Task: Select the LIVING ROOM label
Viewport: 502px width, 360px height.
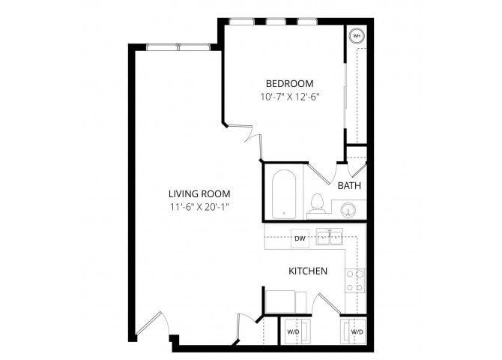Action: tap(199, 192)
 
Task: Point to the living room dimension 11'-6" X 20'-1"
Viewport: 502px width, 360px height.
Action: tap(199, 206)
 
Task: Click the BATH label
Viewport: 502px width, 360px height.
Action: tap(349, 185)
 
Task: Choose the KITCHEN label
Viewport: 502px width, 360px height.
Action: tap(308, 270)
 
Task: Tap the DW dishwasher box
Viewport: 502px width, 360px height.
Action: tap(300, 239)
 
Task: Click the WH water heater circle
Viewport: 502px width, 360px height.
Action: tap(357, 35)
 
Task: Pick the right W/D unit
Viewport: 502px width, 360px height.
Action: tap(356, 331)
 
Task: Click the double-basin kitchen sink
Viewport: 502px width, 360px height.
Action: tap(329, 238)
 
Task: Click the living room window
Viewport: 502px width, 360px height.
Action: tap(178, 48)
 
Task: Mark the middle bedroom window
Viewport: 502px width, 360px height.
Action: tap(276, 21)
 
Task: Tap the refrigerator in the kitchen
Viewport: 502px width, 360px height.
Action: tap(283, 301)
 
